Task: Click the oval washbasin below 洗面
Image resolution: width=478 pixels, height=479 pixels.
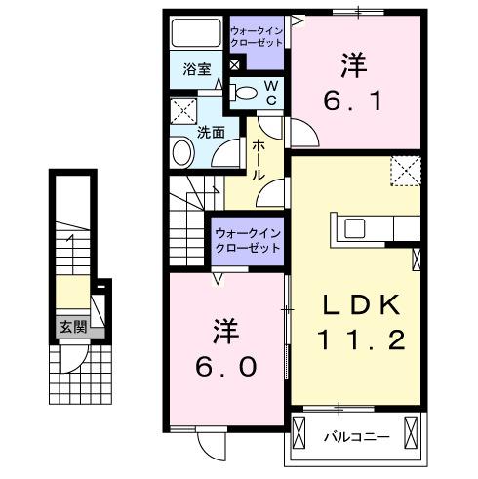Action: point(182,152)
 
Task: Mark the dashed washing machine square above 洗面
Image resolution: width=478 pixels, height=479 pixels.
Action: point(181,108)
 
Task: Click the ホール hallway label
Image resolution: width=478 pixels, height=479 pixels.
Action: point(260,158)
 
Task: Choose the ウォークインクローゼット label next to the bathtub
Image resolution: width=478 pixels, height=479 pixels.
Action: point(257,37)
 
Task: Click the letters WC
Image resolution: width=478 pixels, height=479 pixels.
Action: point(271,94)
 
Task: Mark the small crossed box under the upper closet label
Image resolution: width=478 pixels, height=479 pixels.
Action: point(235,66)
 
